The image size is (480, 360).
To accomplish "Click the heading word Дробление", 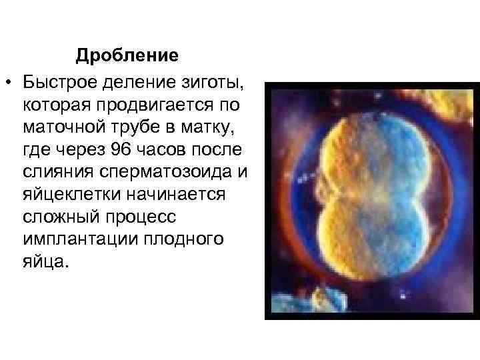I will click(x=127, y=55).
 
